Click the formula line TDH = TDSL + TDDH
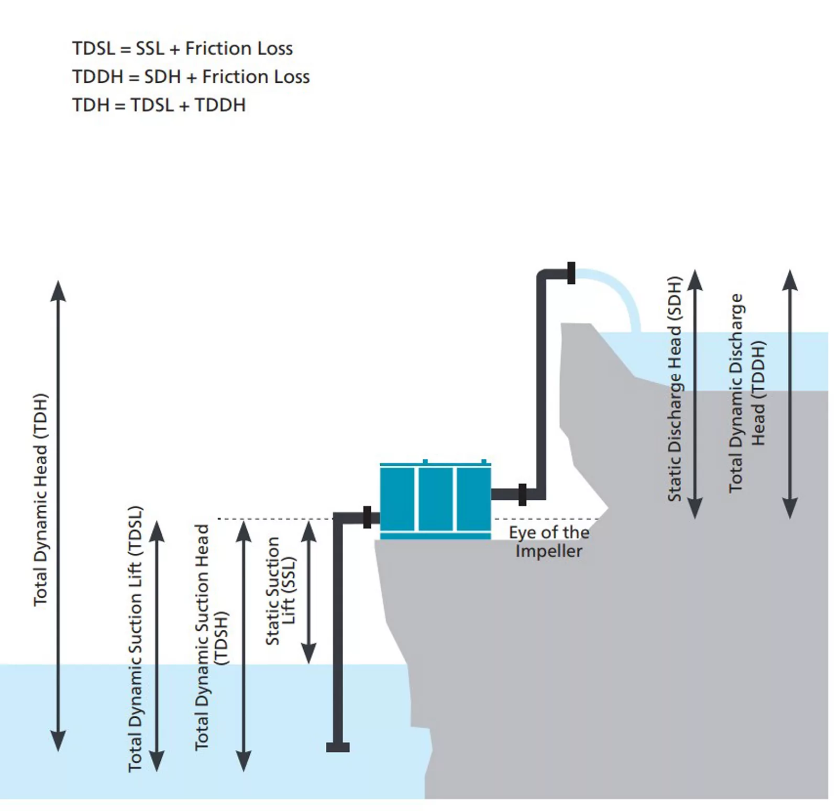(x=159, y=105)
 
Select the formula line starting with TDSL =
(x=182, y=49)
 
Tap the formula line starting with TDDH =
(x=191, y=77)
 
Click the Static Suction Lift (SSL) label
(x=281, y=590)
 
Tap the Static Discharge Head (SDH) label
(x=675, y=389)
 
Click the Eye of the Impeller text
(x=549, y=542)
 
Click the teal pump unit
(x=435, y=500)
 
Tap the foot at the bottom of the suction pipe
(x=338, y=747)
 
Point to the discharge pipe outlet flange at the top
(x=571, y=273)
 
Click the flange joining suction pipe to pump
(x=367, y=517)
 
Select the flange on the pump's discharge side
(x=522, y=495)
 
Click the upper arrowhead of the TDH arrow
(x=58, y=290)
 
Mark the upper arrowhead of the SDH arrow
(x=694, y=280)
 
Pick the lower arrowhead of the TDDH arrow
(x=790, y=508)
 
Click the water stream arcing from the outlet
(x=623, y=293)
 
